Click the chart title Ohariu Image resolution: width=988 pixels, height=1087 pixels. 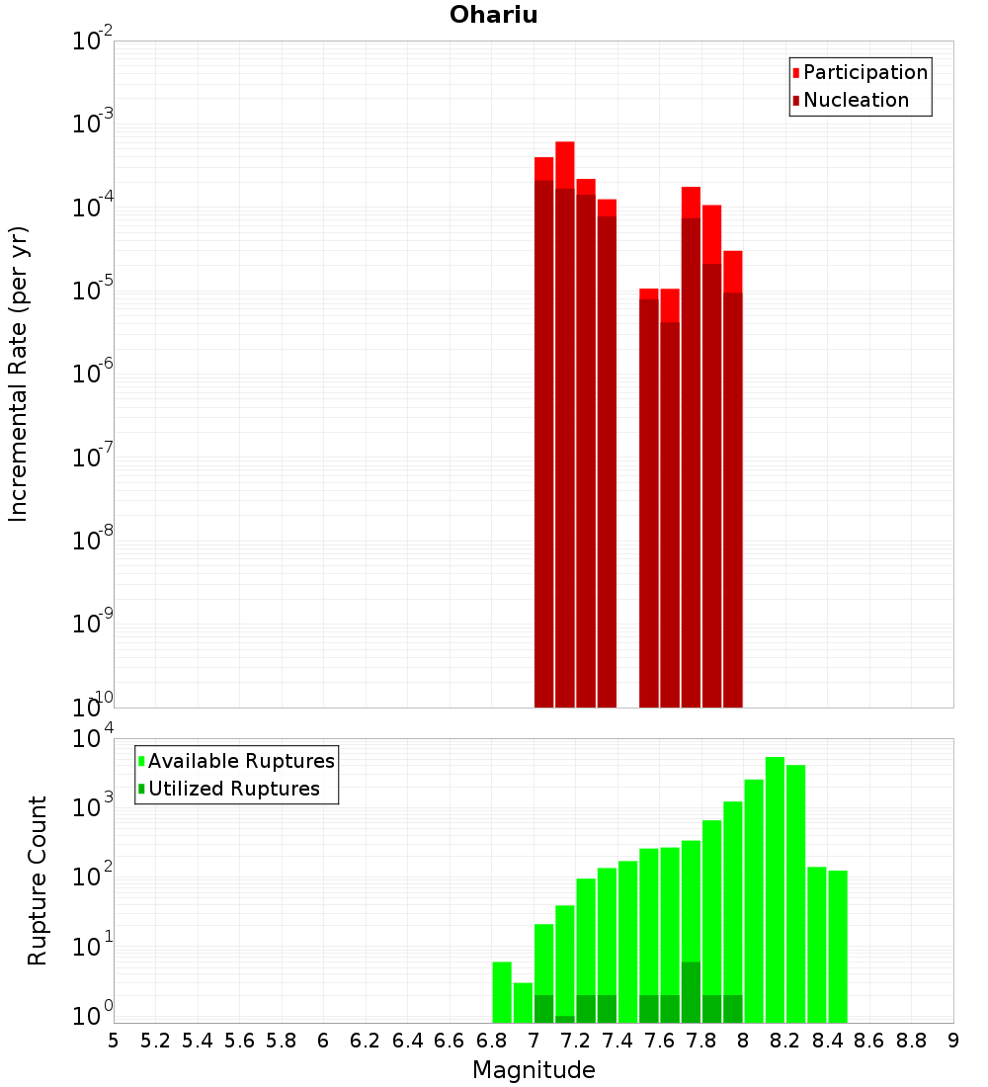pyautogui.click(x=493, y=15)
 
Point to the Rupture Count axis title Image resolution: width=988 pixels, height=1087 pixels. pyautogui.click(x=38, y=880)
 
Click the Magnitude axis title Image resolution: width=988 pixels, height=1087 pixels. pyautogui.click(x=534, y=1070)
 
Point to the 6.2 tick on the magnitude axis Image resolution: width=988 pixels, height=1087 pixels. pyautogui.click(x=366, y=1041)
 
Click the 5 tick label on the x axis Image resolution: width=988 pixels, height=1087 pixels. pyautogui.click(x=114, y=1041)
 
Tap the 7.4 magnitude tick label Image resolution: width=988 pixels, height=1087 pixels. pyautogui.click(x=617, y=1041)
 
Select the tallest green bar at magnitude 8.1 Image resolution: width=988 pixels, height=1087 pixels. pyautogui.click(x=775, y=889)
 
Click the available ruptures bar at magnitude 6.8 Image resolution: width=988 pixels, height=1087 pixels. pyautogui.click(x=502, y=992)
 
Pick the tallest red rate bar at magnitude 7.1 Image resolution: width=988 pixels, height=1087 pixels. pyautogui.click(x=565, y=425)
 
